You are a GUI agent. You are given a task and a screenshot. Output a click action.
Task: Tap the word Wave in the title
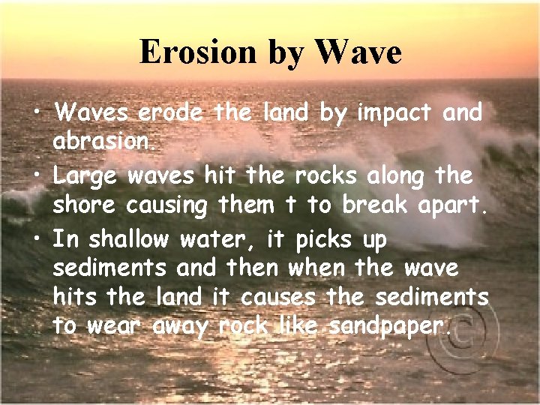358,52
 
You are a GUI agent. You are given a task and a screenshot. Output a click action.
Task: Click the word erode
170,113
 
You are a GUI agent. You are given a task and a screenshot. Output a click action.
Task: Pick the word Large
85,176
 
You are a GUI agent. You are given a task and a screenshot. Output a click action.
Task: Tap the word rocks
325,176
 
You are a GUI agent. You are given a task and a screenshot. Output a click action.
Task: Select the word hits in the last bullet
76,297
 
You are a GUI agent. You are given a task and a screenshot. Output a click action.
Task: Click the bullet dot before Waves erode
36,115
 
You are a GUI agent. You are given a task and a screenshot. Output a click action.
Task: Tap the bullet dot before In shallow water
36,241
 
